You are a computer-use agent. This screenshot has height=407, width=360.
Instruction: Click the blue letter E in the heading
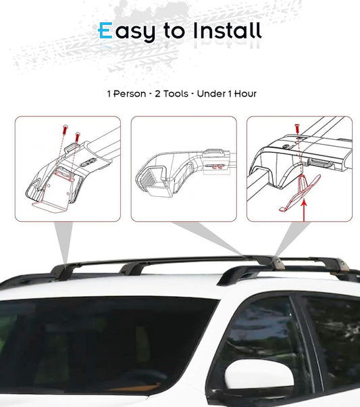105,30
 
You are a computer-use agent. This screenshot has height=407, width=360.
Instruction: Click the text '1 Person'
126,93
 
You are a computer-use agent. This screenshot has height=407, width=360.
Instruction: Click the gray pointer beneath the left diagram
63,243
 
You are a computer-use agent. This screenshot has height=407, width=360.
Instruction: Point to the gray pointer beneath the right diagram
286,240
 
